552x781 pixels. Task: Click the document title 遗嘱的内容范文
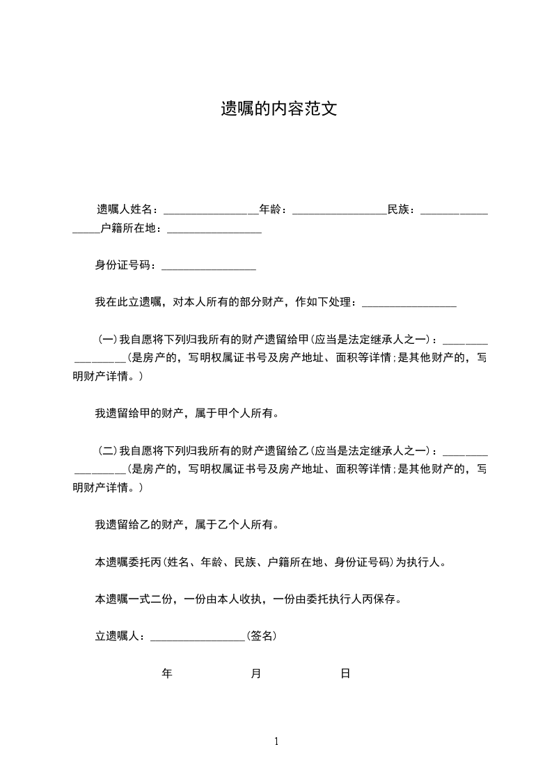[x=278, y=109]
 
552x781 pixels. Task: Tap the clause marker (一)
[x=107, y=340]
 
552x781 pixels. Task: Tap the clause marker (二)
[x=107, y=450]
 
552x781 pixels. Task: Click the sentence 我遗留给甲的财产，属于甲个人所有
[x=187, y=413]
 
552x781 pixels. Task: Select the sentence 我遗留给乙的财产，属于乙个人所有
[x=187, y=524]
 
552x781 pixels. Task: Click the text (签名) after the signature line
[x=262, y=636]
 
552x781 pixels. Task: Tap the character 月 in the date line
[x=256, y=673]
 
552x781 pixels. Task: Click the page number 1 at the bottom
[x=276, y=741]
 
